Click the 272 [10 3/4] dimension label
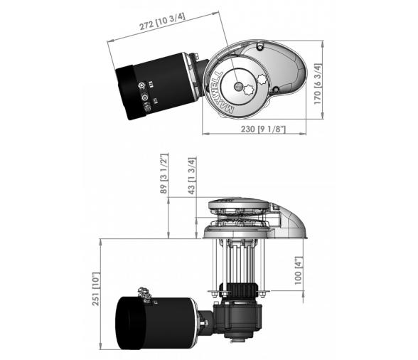pos(162,21)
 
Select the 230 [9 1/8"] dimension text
pos(263,129)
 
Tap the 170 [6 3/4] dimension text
pos(318,84)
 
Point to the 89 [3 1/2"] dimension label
pos(164,174)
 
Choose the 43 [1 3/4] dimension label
pos(192,176)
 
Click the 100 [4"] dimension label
pos(299,270)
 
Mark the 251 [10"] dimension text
pos(96,290)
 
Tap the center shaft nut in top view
pos(237,86)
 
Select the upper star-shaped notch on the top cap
pos(262,79)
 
